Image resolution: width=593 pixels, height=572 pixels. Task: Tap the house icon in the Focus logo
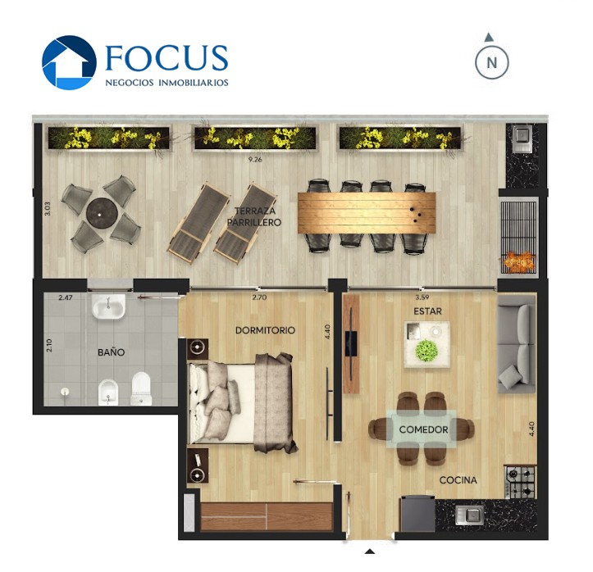69,62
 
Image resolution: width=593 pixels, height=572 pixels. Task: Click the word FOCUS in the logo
166,58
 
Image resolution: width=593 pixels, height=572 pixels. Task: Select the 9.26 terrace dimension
255,160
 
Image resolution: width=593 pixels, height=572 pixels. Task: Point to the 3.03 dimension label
48,208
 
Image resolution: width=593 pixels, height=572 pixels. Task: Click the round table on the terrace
101,212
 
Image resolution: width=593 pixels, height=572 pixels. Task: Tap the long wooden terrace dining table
367,213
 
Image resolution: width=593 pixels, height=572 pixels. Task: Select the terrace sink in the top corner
522,136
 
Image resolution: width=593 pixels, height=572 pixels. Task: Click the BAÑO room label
112,352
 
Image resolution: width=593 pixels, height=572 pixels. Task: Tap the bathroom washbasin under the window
108,306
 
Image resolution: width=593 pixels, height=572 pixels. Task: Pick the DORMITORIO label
265,330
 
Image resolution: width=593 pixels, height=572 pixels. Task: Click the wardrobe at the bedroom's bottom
267,516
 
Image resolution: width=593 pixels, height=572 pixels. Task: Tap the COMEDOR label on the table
423,429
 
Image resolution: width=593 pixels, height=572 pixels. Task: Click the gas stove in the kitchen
521,482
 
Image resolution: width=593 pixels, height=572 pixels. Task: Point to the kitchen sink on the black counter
469,515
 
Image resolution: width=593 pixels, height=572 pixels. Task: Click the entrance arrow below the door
370,552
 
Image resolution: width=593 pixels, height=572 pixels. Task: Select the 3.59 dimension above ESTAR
422,297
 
